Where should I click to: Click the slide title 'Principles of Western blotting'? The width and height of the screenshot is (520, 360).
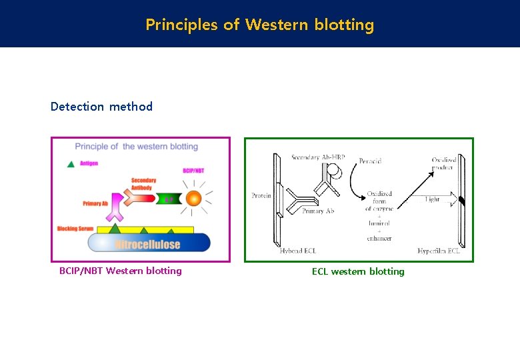[x=260, y=25]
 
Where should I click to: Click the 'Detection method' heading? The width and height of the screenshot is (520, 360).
[x=101, y=107]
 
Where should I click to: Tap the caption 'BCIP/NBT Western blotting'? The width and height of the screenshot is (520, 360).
[x=120, y=271]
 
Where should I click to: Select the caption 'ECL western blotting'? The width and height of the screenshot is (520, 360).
[x=358, y=271]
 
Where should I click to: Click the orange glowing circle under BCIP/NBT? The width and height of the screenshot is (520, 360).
[x=193, y=198]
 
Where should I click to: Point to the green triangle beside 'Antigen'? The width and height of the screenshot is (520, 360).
[x=71, y=163]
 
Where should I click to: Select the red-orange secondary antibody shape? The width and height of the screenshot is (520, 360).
[x=141, y=194]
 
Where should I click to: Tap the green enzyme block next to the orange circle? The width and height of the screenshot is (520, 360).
[x=169, y=199]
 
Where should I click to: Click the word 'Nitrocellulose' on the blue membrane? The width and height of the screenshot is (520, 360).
[x=147, y=244]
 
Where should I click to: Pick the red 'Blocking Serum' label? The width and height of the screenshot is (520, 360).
[x=75, y=229]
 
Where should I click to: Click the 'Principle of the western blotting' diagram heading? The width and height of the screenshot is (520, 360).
[x=136, y=147]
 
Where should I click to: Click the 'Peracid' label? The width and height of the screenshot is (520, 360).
[x=370, y=161]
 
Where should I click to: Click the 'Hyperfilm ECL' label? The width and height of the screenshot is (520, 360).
[x=439, y=251]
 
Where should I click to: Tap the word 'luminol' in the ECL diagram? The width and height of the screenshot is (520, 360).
[x=378, y=223]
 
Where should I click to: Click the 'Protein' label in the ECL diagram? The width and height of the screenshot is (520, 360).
[x=261, y=196]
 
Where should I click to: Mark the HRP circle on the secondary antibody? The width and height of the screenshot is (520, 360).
[x=335, y=172]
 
